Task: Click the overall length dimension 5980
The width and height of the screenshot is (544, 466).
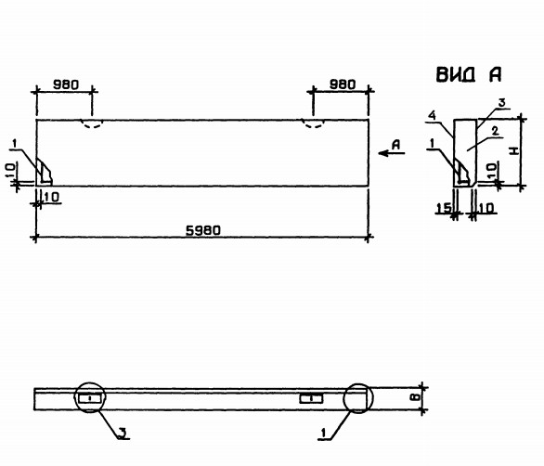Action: (x=203, y=230)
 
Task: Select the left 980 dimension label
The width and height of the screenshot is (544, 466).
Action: (x=66, y=84)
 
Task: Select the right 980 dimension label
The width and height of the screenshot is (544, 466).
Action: (x=343, y=84)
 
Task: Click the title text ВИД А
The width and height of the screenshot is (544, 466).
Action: (x=469, y=74)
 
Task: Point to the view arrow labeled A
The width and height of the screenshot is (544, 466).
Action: (x=392, y=153)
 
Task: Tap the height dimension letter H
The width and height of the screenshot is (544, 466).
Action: (x=514, y=150)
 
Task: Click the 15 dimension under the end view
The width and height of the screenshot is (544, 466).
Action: (x=444, y=208)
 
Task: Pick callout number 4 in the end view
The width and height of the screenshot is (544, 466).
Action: (x=432, y=115)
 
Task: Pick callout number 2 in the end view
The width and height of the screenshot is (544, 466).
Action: (x=495, y=131)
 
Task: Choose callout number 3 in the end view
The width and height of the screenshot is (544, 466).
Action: (x=501, y=103)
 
